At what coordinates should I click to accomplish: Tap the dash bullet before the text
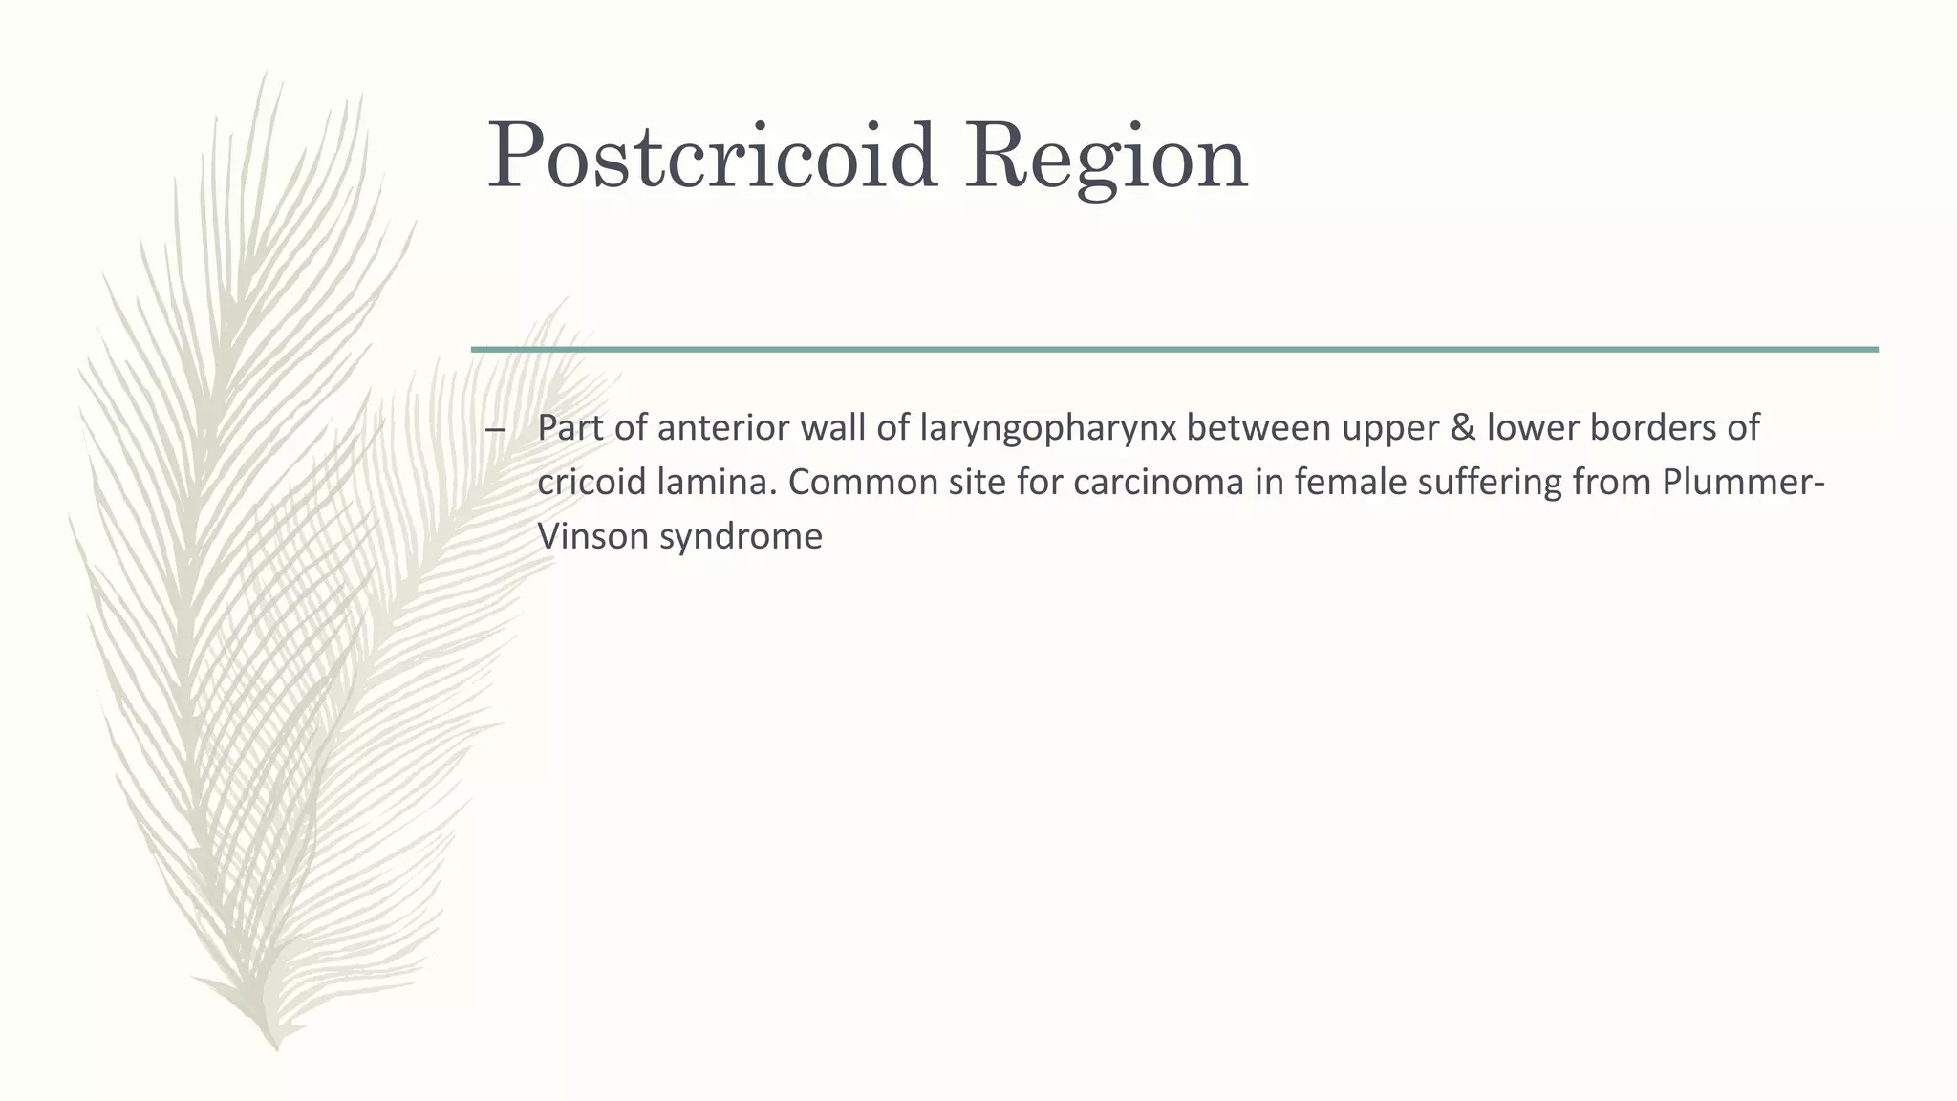[x=495, y=429]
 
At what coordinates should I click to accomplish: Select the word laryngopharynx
[x=1048, y=429]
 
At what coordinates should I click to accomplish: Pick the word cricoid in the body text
[x=591, y=482]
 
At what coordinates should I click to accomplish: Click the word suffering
[x=1480, y=482]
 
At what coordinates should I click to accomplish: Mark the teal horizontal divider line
[x=1174, y=350]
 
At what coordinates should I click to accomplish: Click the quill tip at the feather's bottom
[x=276, y=1046]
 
